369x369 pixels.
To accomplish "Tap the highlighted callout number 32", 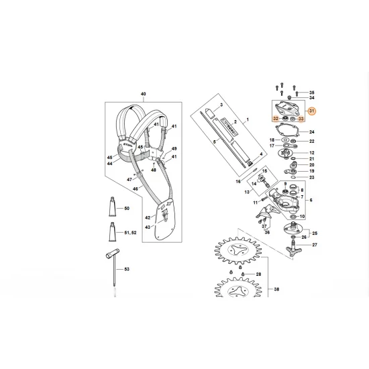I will click(x=275, y=118).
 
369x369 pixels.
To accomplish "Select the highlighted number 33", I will click(x=301, y=119).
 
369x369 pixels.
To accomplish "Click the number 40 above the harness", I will click(x=143, y=94).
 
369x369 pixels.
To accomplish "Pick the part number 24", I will click(x=311, y=132).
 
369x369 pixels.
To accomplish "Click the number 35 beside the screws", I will click(x=311, y=92).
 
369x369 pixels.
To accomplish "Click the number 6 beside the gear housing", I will click(x=311, y=199).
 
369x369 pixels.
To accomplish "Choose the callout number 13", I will click(x=246, y=191).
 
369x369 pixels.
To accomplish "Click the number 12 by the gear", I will click(x=311, y=153).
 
